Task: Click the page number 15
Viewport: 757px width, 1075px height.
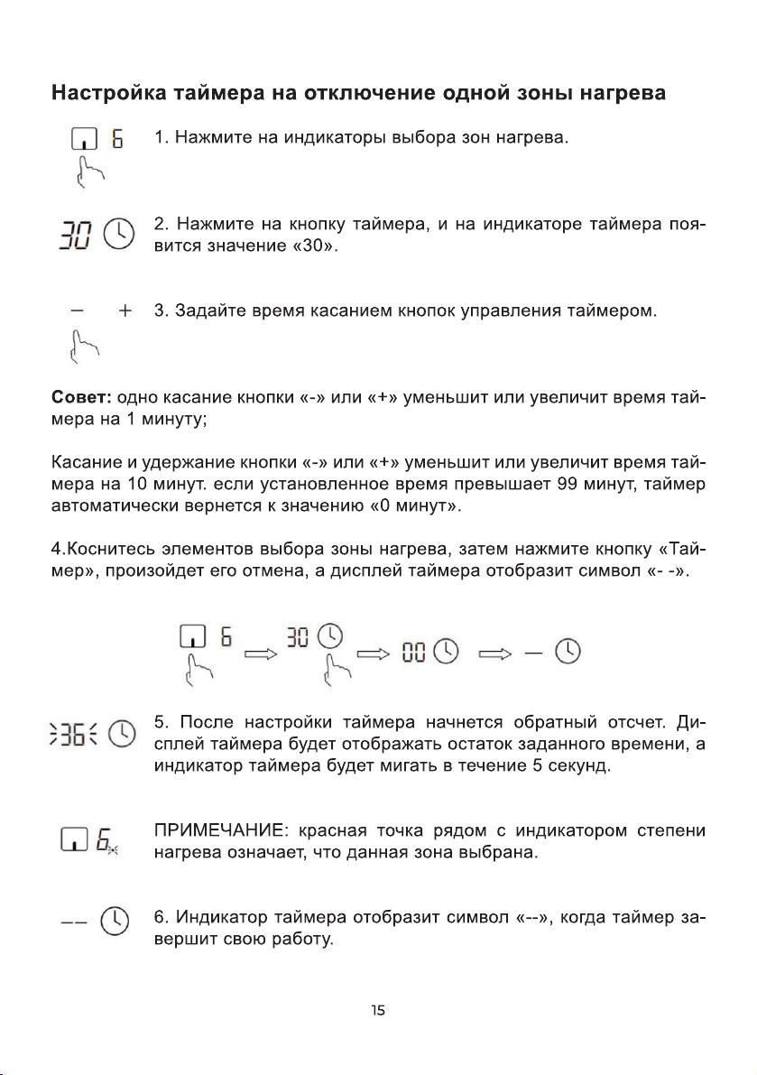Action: (x=378, y=1011)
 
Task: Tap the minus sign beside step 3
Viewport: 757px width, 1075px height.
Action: (x=79, y=311)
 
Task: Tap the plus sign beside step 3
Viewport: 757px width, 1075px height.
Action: (x=125, y=311)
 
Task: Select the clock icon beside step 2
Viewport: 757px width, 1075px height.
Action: (x=119, y=235)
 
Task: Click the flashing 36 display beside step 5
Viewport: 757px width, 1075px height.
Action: (x=78, y=736)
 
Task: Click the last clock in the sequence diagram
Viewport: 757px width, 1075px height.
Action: (x=568, y=651)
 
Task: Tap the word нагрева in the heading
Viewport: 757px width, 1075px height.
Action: (x=622, y=93)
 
